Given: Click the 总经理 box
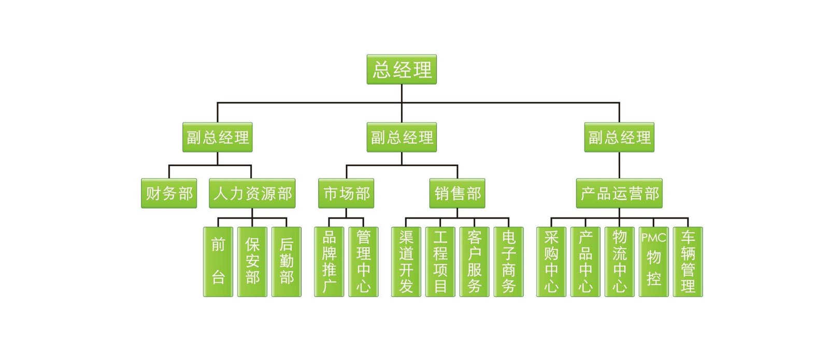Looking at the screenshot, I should tap(402, 69).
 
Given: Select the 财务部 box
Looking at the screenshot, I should tap(169, 193).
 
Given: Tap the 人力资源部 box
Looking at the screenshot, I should tap(252, 193).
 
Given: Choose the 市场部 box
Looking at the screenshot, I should tap(346, 193).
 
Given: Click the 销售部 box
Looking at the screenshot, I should tap(457, 193).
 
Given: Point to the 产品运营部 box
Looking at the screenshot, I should tap(619, 193).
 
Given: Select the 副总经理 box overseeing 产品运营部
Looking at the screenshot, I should tap(619, 137).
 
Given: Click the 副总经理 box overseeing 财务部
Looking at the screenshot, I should tap(218, 137).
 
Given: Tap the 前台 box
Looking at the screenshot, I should tap(218, 262).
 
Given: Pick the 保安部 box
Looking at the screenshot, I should tap(252, 262).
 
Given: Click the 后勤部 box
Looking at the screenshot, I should tap(287, 262).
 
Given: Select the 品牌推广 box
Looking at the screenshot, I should tap(329, 262).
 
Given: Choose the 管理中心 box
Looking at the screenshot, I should tap(363, 262).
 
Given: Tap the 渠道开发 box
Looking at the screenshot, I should tap(406, 262).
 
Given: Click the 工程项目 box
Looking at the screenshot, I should tap(440, 262).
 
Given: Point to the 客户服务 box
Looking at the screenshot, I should tap(475, 262).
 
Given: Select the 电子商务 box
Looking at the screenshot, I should tap(509, 262).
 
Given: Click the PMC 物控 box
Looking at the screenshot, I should tap(653, 262).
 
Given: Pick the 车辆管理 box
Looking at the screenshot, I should tap(688, 262).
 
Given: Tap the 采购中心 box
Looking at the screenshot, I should tap(551, 262).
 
